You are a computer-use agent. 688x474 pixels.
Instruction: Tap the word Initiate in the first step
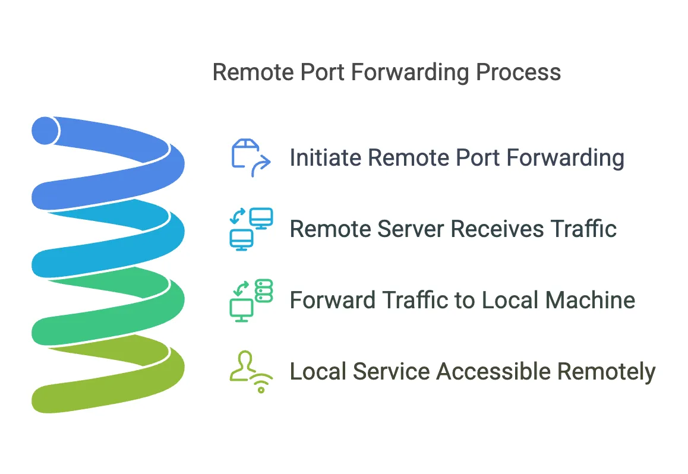coord(326,158)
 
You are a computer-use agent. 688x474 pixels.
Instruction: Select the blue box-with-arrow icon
coord(250,158)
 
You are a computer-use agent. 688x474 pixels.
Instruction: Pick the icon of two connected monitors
coord(250,229)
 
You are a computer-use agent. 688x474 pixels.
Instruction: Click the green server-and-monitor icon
coord(250,301)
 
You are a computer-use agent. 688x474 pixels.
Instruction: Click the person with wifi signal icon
coord(250,372)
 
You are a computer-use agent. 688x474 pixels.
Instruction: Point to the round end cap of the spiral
coord(45,130)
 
